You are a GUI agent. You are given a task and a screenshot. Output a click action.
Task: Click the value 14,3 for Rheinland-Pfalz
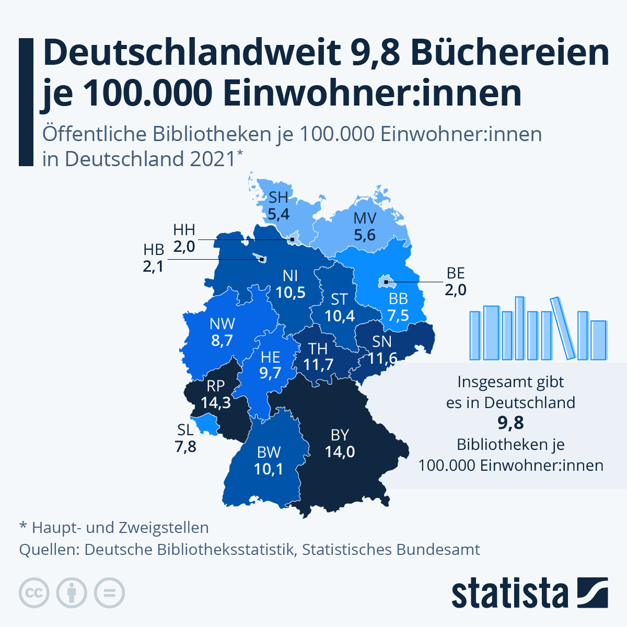click(216, 403)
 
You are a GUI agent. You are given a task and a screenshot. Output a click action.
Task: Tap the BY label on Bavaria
click(340, 435)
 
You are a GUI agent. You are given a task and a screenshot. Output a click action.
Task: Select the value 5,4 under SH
click(278, 214)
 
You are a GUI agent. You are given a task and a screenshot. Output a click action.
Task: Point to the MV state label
click(365, 218)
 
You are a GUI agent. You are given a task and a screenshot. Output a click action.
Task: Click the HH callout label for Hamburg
click(184, 229)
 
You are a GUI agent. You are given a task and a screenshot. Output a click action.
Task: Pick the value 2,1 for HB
click(153, 266)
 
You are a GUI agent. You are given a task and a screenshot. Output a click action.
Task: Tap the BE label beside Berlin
click(456, 273)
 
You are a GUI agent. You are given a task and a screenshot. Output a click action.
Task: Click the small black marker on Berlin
click(385, 282)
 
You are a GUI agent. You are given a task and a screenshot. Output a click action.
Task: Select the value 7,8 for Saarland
click(185, 447)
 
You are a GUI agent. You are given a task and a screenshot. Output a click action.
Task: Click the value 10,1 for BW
click(269, 469)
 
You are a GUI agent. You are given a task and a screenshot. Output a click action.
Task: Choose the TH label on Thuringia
click(318, 348)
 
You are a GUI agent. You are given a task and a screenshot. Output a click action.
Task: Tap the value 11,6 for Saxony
click(382, 358)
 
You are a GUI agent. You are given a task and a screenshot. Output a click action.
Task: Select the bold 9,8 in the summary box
click(510, 423)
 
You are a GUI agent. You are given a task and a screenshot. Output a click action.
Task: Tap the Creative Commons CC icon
click(34, 593)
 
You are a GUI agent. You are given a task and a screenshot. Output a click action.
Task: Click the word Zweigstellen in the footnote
click(164, 528)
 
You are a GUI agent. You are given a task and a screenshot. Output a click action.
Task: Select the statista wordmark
click(509, 594)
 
